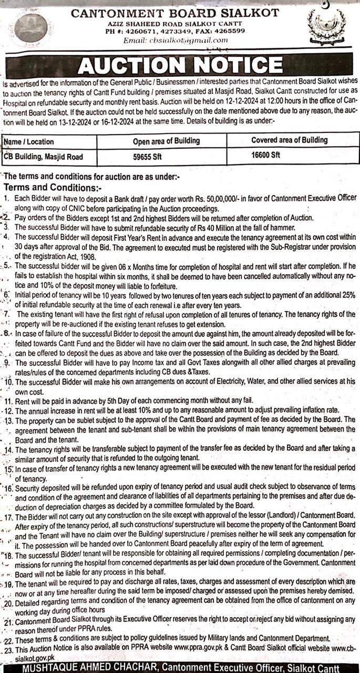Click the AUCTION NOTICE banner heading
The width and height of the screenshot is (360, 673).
(x=180, y=66)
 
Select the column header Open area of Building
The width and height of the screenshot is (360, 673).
(x=166, y=141)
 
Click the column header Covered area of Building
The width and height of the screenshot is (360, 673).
(x=289, y=140)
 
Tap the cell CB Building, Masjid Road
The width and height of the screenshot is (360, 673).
(x=43, y=157)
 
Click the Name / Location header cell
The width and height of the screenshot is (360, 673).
(x=29, y=141)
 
